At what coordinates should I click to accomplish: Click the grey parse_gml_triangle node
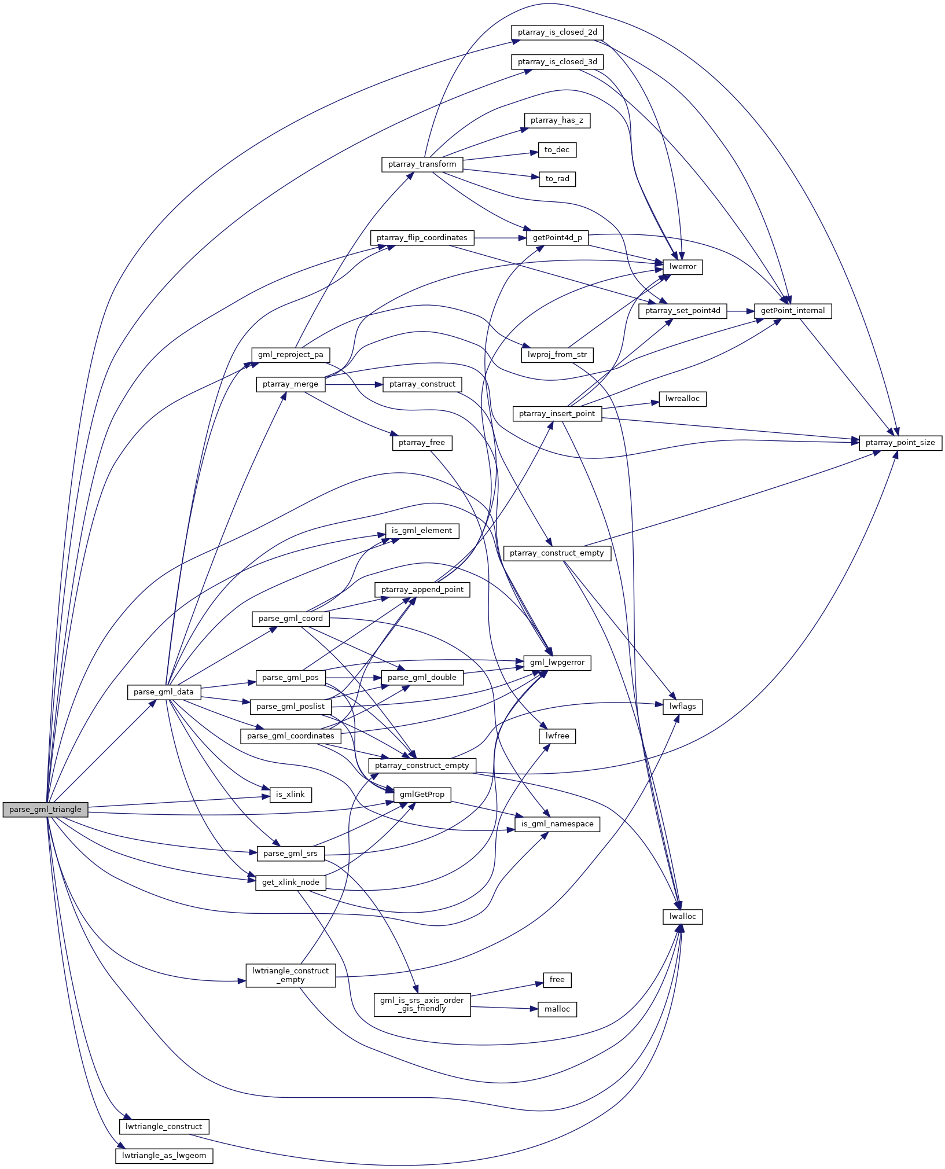[x=45, y=810]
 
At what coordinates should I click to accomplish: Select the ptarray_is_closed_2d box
[x=557, y=32]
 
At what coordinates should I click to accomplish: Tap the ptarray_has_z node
[x=557, y=120]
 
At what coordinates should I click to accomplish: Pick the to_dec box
[x=557, y=150]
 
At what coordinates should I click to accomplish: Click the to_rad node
[x=557, y=179]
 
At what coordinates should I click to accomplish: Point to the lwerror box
[x=683, y=267]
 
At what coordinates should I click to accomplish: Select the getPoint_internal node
[x=793, y=311]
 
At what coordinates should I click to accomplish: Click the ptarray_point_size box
[x=900, y=443]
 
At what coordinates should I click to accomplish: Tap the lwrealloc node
[x=683, y=399]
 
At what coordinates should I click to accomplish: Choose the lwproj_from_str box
[x=557, y=355]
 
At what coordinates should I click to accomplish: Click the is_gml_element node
[x=422, y=531]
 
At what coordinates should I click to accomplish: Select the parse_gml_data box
[x=164, y=692]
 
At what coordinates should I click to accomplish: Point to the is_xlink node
[x=291, y=795]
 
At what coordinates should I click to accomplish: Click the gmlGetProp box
[x=422, y=795]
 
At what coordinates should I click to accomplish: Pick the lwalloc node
[x=683, y=917]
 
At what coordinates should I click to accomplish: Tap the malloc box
[x=557, y=1009]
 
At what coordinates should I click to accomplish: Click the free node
[x=557, y=980]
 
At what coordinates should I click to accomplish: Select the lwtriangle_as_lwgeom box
[x=164, y=1156]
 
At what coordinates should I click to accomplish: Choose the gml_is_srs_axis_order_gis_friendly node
[x=422, y=1004]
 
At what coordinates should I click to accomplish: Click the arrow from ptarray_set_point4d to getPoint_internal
[x=741, y=311]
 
